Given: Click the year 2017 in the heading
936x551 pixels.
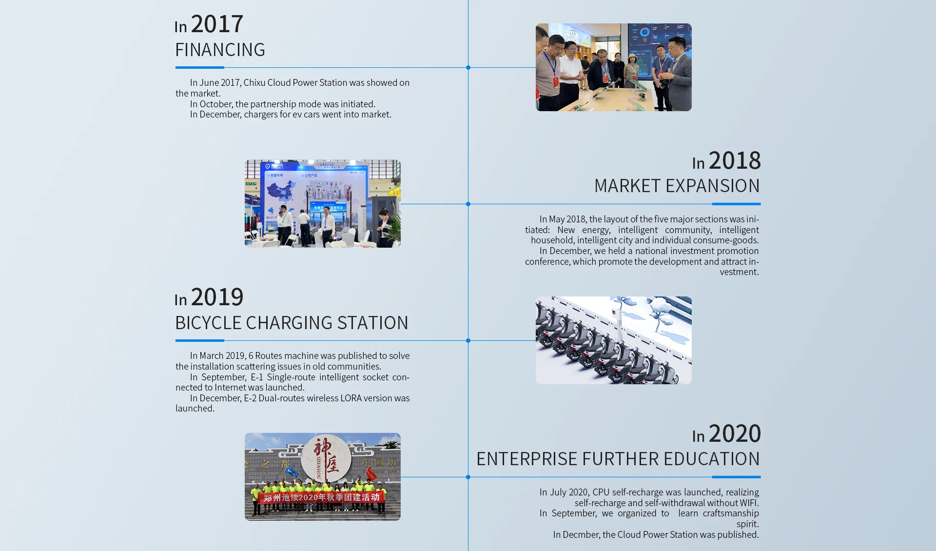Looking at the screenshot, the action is pyautogui.click(x=217, y=24).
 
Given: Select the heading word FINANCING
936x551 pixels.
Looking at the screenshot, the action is pyautogui.click(x=220, y=50).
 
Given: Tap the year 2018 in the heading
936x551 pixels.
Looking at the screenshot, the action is pyautogui.click(x=735, y=160).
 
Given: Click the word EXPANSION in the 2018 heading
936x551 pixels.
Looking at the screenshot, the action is pyautogui.click(x=712, y=186).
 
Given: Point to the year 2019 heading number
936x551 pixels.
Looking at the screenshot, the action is pyautogui.click(x=217, y=297).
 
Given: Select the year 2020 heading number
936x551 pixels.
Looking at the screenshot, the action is pyautogui.click(x=735, y=433).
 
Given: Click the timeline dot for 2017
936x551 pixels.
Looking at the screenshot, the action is pyautogui.click(x=468, y=67).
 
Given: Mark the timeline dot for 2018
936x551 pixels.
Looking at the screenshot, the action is pyautogui.click(x=468, y=204).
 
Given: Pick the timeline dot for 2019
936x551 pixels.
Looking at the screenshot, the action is pyautogui.click(x=468, y=340).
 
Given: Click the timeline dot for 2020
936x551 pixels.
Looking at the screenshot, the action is pyautogui.click(x=468, y=477).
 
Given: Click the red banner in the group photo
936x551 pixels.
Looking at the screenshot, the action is pyautogui.click(x=321, y=497).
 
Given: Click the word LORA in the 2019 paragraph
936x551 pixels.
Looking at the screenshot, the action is pyautogui.click(x=351, y=398).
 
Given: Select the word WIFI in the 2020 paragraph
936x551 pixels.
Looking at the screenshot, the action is pyautogui.click(x=749, y=503).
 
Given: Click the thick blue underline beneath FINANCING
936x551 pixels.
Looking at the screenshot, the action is pyautogui.click(x=200, y=67).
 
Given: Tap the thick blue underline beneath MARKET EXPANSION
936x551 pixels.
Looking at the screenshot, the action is pyautogui.click(x=736, y=204).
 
